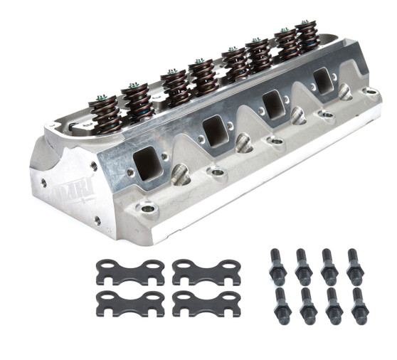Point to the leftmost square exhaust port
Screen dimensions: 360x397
point(148,163)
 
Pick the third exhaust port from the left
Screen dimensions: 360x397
point(273,105)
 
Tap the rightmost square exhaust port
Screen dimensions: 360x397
point(324,82)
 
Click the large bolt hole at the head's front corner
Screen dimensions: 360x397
point(148,209)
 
